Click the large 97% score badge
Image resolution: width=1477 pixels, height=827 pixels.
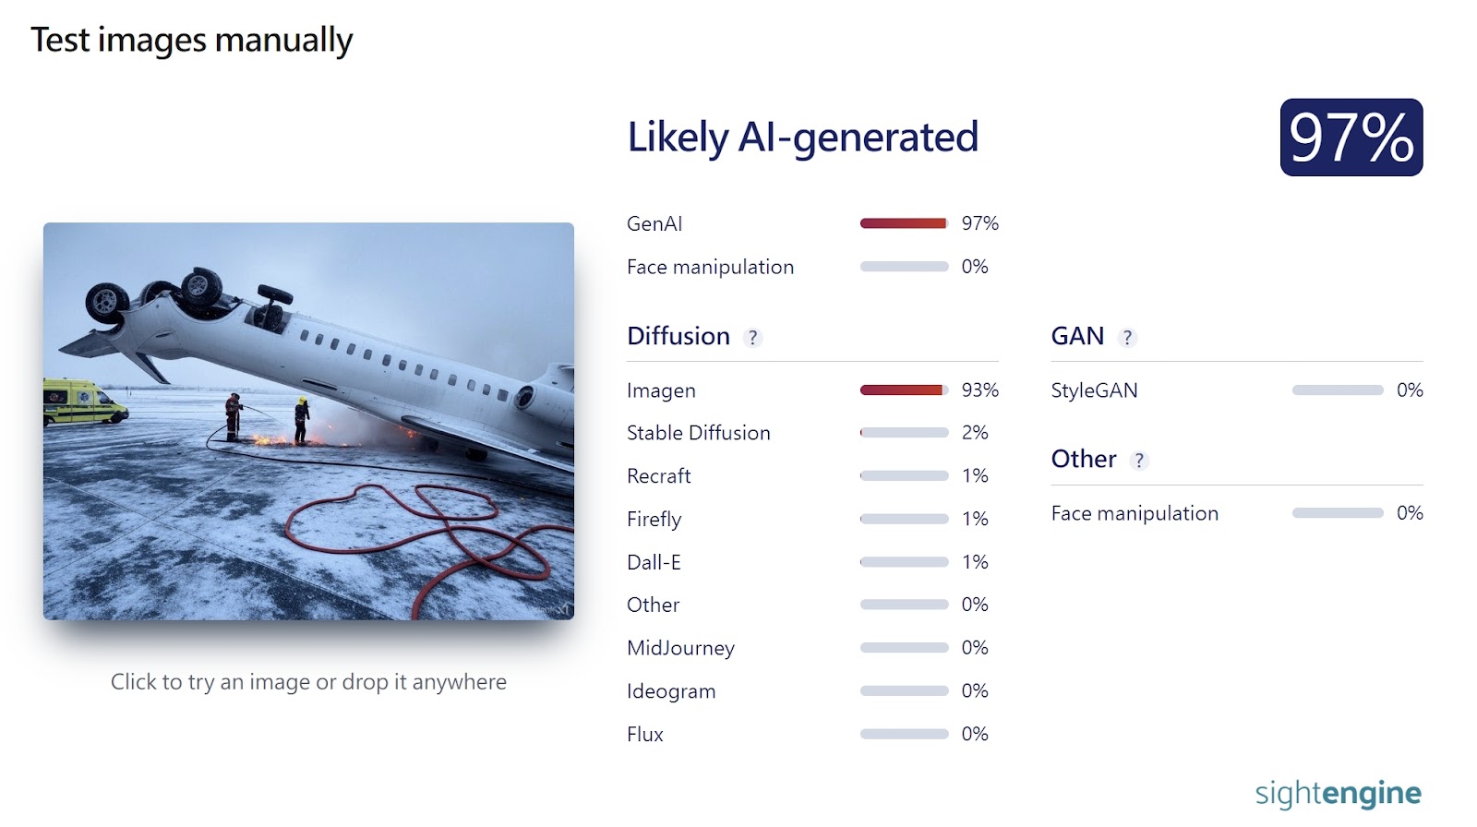(x=1351, y=138)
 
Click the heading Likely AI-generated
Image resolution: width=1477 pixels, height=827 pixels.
(x=802, y=138)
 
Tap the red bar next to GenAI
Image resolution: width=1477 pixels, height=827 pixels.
(x=904, y=223)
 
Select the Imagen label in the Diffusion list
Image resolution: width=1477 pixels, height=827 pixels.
(x=661, y=390)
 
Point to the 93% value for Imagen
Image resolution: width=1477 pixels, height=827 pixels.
(x=979, y=390)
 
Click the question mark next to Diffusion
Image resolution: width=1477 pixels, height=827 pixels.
(x=752, y=338)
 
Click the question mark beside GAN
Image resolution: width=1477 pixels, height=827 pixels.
(x=1127, y=338)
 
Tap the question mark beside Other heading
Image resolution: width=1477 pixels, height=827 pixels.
(x=1139, y=461)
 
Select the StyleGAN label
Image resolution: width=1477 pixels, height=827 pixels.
(x=1094, y=390)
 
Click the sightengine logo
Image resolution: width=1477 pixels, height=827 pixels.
(x=1338, y=794)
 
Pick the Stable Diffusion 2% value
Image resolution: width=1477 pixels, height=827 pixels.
(x=975, y=433)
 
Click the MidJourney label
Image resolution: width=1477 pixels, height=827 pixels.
(x=680, y=648)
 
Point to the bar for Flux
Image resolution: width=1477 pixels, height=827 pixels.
(x=904, y=734)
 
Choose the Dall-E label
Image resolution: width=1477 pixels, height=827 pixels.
(x=654, y=562)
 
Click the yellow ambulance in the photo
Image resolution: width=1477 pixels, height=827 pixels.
(x=84, y=402)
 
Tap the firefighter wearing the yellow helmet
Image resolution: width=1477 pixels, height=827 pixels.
(x=301, y=420)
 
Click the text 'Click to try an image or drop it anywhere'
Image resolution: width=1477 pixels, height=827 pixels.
(x=308, y=682)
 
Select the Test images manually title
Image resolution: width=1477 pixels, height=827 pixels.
(x=192, y=41)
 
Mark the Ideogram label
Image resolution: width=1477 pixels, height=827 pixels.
(x=671, y=691)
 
